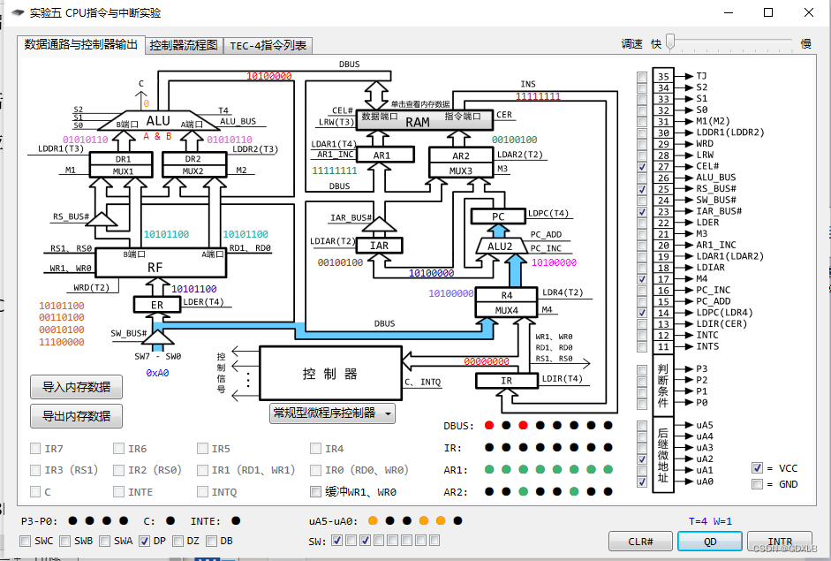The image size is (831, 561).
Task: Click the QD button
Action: [x=709, y=542]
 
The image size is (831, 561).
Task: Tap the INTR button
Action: [x=779, y=542]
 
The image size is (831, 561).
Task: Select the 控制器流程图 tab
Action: [x=184, y=45]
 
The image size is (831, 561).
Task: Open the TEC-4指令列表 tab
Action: [x=268, y=45]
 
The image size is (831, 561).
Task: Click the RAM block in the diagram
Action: [x=417, y=122]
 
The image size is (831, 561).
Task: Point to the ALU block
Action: [x=158, y=120]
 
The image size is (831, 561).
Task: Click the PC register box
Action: [x=497, y=216]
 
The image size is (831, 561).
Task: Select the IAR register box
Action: [x=379, y=246]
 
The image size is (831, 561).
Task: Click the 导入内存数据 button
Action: [x=76, y=387]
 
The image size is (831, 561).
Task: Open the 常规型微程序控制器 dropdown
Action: [x=332, y=413]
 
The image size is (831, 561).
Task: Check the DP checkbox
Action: [x=144, y=541]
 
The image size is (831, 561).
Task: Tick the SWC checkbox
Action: [x=25, y=541]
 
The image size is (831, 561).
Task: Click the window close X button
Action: [x=809, y=12]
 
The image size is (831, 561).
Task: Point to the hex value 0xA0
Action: [x=157, y=373]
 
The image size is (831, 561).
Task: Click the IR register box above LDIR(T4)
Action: [x=506, y=381]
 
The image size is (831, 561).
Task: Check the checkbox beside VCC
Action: [x=757, y=467]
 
